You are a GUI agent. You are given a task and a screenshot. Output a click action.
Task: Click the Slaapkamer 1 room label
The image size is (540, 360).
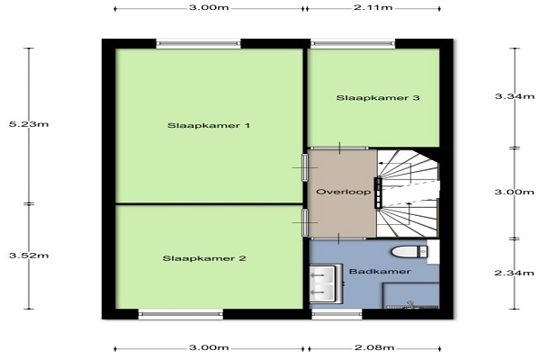pos(209,125)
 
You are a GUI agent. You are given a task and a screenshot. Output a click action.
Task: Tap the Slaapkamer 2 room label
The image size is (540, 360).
pos(204,258)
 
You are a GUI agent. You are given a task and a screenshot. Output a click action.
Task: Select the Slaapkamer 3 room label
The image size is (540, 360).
pos(378,98)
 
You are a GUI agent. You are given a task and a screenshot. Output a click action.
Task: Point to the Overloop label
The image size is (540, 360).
pos(344,192)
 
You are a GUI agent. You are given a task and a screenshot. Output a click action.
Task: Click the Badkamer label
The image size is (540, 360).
pos(380,272)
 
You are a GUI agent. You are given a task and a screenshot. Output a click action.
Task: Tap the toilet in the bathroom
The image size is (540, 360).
pos(409,251)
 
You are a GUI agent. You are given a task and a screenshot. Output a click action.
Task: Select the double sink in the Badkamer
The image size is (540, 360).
pos(326,283)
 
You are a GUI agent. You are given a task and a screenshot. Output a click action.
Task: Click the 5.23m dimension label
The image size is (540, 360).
pos(29,124)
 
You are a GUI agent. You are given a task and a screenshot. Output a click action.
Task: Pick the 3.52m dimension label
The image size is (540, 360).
pos(29,256)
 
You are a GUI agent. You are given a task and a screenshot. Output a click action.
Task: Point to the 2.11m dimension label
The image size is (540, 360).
pos(373,7)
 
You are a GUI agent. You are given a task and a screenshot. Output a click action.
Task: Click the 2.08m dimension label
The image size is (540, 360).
pos(374,347)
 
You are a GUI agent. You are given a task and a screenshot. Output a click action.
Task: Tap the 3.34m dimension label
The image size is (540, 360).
pos(515,96)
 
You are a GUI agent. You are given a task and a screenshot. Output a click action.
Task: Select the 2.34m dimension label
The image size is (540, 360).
pos(515,274)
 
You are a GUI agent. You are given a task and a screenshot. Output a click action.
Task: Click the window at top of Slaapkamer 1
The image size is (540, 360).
pos(199,43)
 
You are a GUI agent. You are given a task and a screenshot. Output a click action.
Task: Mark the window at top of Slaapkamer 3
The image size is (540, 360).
pos(353,43)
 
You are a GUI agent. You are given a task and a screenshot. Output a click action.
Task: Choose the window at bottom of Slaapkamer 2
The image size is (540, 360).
pos(181,314)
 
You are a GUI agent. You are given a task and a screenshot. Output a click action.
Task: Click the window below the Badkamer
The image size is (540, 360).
pos(337,314)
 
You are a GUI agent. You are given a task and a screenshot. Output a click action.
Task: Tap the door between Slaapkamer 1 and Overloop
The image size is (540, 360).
pos(305,167)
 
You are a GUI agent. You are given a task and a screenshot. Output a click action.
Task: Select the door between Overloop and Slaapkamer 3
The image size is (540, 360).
pos(339,148)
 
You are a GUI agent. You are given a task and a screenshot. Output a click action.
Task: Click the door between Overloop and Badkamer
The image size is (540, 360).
pos(338,238)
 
